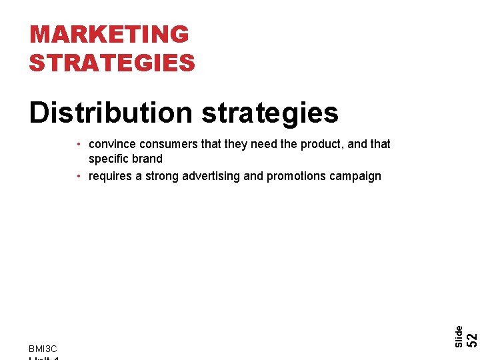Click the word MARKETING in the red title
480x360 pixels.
pos(109,34)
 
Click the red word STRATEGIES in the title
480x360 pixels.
pos(112,63)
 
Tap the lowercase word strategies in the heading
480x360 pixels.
pos(270,113)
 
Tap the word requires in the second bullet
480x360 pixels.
pos(111,176)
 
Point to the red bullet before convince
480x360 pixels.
pos(79,144)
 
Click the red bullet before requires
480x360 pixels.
pos(79,176)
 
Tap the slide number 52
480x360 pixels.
pos(471,338)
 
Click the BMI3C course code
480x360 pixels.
pos(43,349)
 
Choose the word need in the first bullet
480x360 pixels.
pos(264,144)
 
